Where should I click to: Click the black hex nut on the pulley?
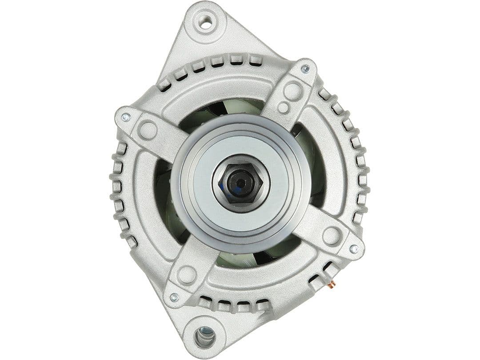240,182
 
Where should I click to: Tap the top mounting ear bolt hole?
205,22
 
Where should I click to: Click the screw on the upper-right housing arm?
305,69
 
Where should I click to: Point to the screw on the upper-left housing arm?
126,117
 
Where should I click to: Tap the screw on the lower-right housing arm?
354,249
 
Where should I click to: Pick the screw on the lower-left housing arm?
174,297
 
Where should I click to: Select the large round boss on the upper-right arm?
292,91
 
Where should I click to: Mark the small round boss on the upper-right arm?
283,107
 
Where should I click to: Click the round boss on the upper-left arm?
148,130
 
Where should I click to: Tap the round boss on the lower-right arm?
332,236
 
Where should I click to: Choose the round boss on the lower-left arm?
187,275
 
